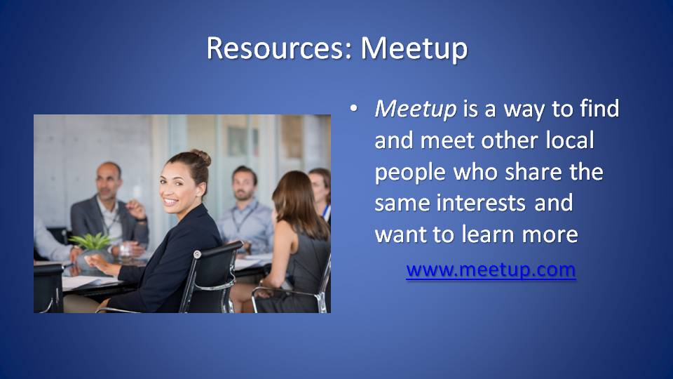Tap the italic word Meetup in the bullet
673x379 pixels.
point(416,109)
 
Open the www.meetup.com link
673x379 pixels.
point(491,270)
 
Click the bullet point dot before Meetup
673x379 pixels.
point(353,108)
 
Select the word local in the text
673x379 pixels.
point(570,140)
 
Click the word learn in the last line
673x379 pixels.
point(489,234)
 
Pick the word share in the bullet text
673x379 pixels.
point(533,171)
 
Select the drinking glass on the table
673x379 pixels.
point(125,250)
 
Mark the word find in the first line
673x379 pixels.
point(599,108)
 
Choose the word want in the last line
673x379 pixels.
point(401,234)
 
